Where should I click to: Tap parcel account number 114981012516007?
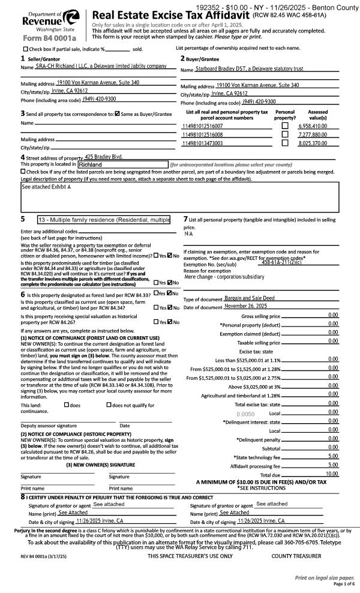pyautogui.click(x=202, y=127)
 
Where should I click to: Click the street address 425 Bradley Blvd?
pyautogui.click(x=104, y=157)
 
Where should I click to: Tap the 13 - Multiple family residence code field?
pyautogui.click(x=103, y=220)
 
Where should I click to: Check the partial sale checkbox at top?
pyautogui.click(x=25, y=49)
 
